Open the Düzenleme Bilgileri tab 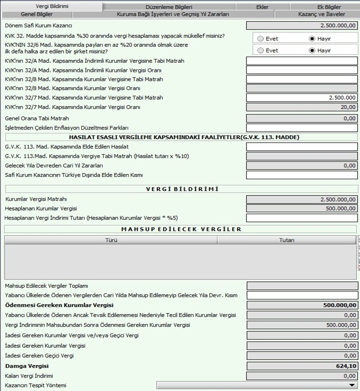[x=169, y=7]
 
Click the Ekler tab [x=262, y=7]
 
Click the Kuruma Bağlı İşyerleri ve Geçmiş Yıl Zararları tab [x=172, y=15]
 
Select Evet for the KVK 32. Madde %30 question [x=260, y=38]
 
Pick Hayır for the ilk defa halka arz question [x=313, y=50]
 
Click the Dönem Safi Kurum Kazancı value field [x=302, y=26]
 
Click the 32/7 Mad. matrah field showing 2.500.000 [x=302, y=97]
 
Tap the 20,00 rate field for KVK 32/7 [x=302, y=107]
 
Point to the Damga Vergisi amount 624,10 [x=302, y=366]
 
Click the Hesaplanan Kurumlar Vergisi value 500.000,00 [x=302, y=208]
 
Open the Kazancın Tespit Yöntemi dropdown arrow [x=352, y=385]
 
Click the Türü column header [x=111, y=240]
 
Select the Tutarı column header [x=287, y=240]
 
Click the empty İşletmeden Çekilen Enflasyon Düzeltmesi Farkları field [x=302, y=128]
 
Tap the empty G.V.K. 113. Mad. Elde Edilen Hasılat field [x=302, y=147]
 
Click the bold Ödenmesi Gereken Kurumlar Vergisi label [x=59, y=305]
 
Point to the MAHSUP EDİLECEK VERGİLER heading [x=181, y=229]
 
